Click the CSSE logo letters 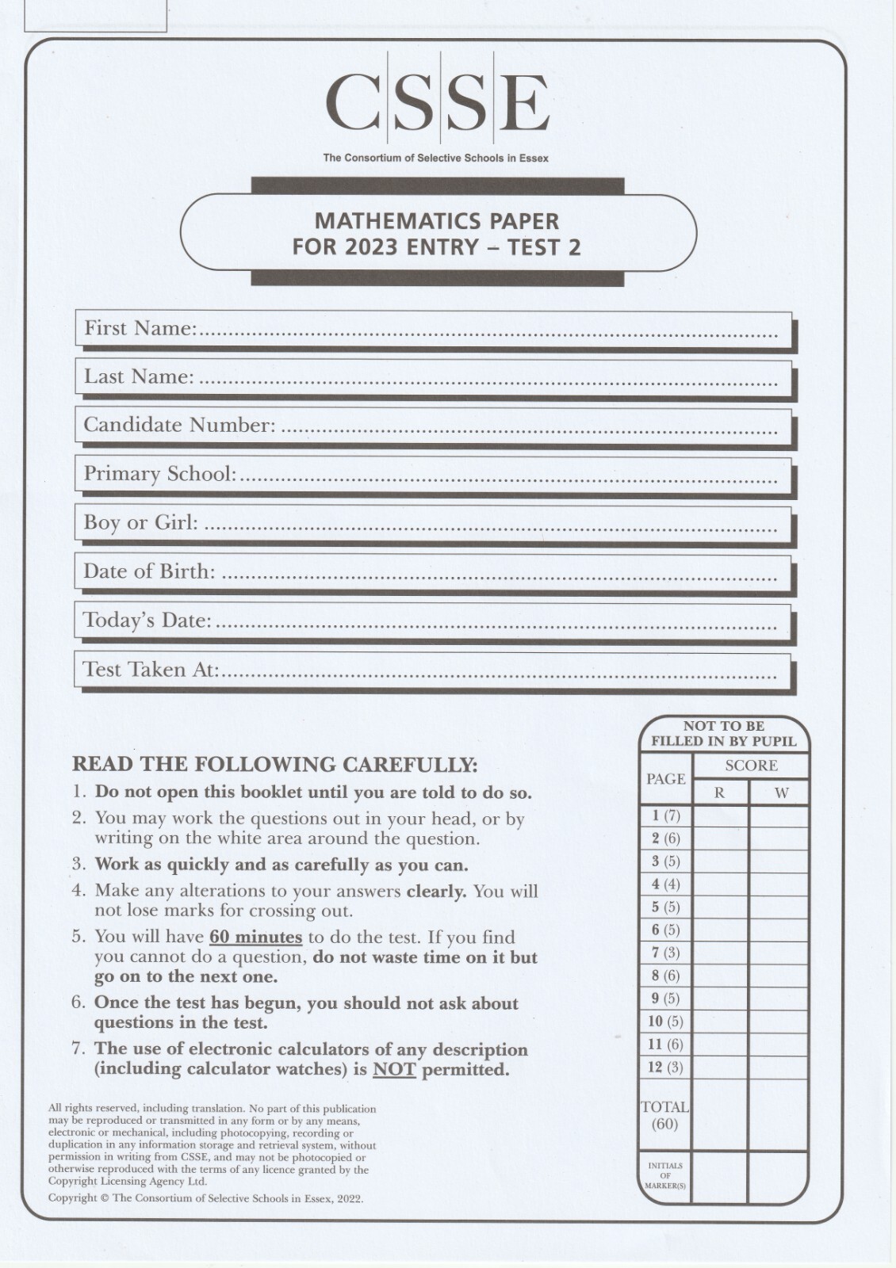point(437,102)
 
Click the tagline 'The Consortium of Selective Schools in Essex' point(435,158)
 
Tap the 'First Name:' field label point(140,328)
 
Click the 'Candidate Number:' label point(179,425)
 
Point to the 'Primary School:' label point(160,474)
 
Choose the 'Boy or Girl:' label point(140,522)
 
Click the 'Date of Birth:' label point(149,571)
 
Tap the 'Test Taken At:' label point(151,670)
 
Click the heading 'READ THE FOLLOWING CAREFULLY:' point(274,765)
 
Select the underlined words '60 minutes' point(255,937)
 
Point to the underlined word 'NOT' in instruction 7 point(394,1069)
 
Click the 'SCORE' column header point(751,766)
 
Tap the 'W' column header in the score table point(781,792)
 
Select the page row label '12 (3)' point(664,1067)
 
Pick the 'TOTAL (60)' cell point(664,1115)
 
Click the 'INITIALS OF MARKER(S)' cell point(664,1175)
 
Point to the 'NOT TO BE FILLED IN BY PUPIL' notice point(723,733)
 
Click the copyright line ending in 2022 point(205,1198)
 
